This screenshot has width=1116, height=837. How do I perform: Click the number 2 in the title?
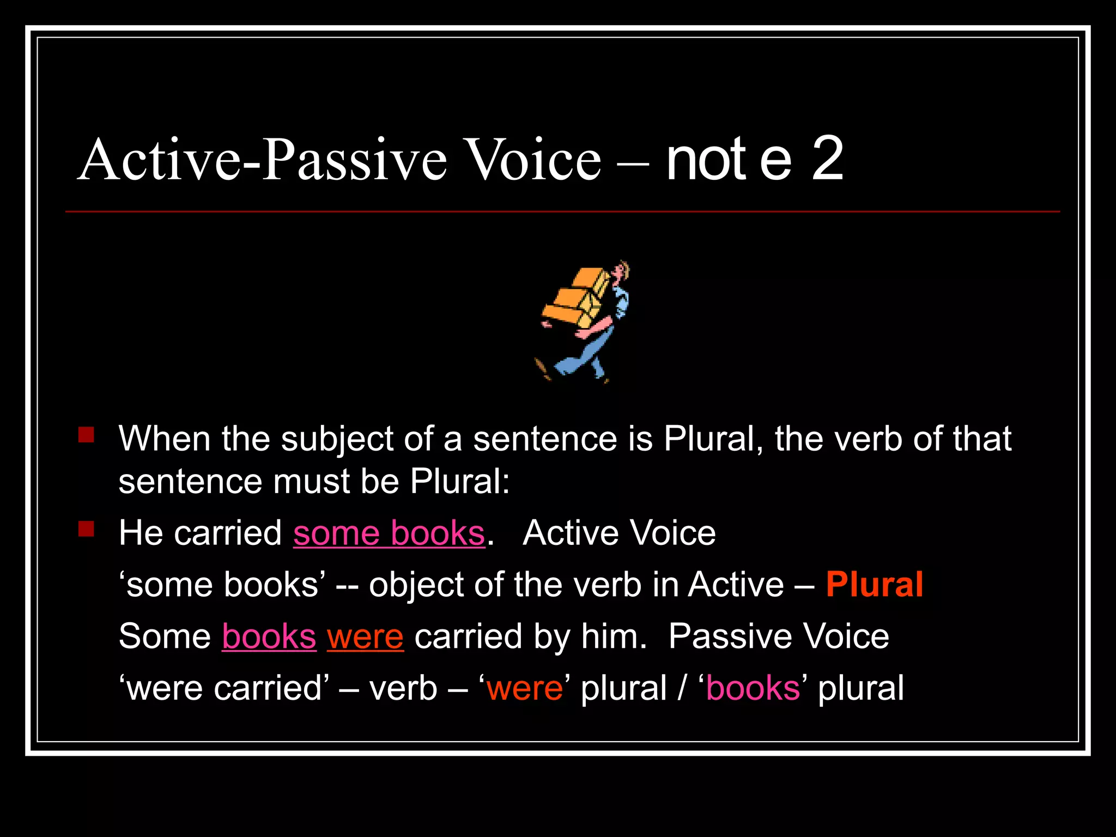(x=827, y=159)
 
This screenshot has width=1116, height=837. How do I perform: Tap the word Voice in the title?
(x=533, y=159)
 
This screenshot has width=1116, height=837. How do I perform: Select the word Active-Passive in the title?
(x=262, y=159)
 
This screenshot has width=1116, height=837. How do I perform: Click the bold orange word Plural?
(x=874, y=585)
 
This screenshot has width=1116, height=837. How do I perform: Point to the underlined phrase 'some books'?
(x=389, y=533)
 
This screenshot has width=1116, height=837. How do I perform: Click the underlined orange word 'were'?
(x=365, y=636)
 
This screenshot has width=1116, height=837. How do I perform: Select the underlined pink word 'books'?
(x=269, y=636)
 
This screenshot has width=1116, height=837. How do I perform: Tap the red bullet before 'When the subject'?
(x=86, y=435)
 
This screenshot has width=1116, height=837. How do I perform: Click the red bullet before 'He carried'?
(x=86, y=529)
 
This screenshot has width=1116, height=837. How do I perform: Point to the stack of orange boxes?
(x=575, y=300)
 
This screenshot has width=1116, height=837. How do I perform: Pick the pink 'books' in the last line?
(x=753, y=688)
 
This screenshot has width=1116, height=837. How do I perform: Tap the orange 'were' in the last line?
(x=525, y=688)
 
